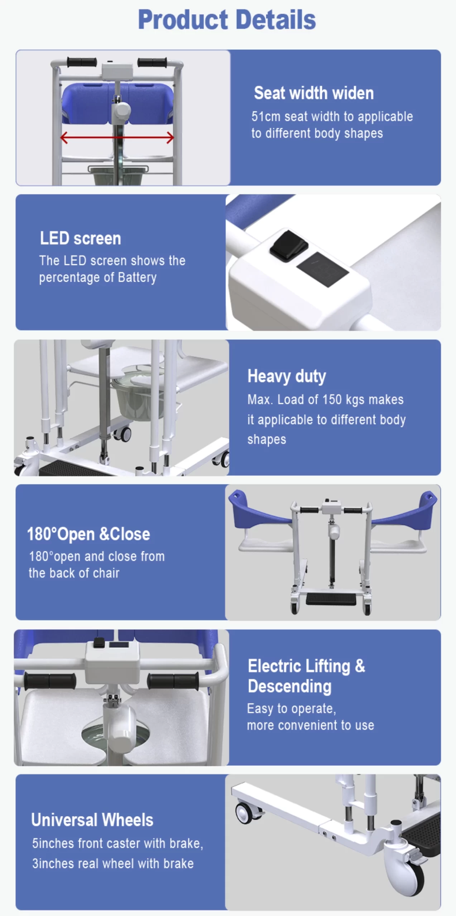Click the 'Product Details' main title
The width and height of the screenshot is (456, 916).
227,20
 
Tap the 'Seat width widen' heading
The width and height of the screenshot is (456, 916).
314,93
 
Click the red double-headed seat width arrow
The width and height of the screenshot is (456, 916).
117,137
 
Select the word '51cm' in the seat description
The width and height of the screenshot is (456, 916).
265,117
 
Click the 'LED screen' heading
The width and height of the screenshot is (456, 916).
80,239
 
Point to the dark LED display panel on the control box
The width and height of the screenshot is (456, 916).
322,269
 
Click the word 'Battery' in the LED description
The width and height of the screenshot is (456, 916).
137,278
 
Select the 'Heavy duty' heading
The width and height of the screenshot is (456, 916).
287,376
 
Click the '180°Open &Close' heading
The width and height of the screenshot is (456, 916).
88,534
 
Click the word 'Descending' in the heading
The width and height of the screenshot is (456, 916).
289,686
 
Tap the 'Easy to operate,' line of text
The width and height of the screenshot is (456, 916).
291,708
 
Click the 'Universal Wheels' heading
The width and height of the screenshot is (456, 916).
92,820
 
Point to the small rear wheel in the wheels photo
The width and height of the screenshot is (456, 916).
247,813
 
